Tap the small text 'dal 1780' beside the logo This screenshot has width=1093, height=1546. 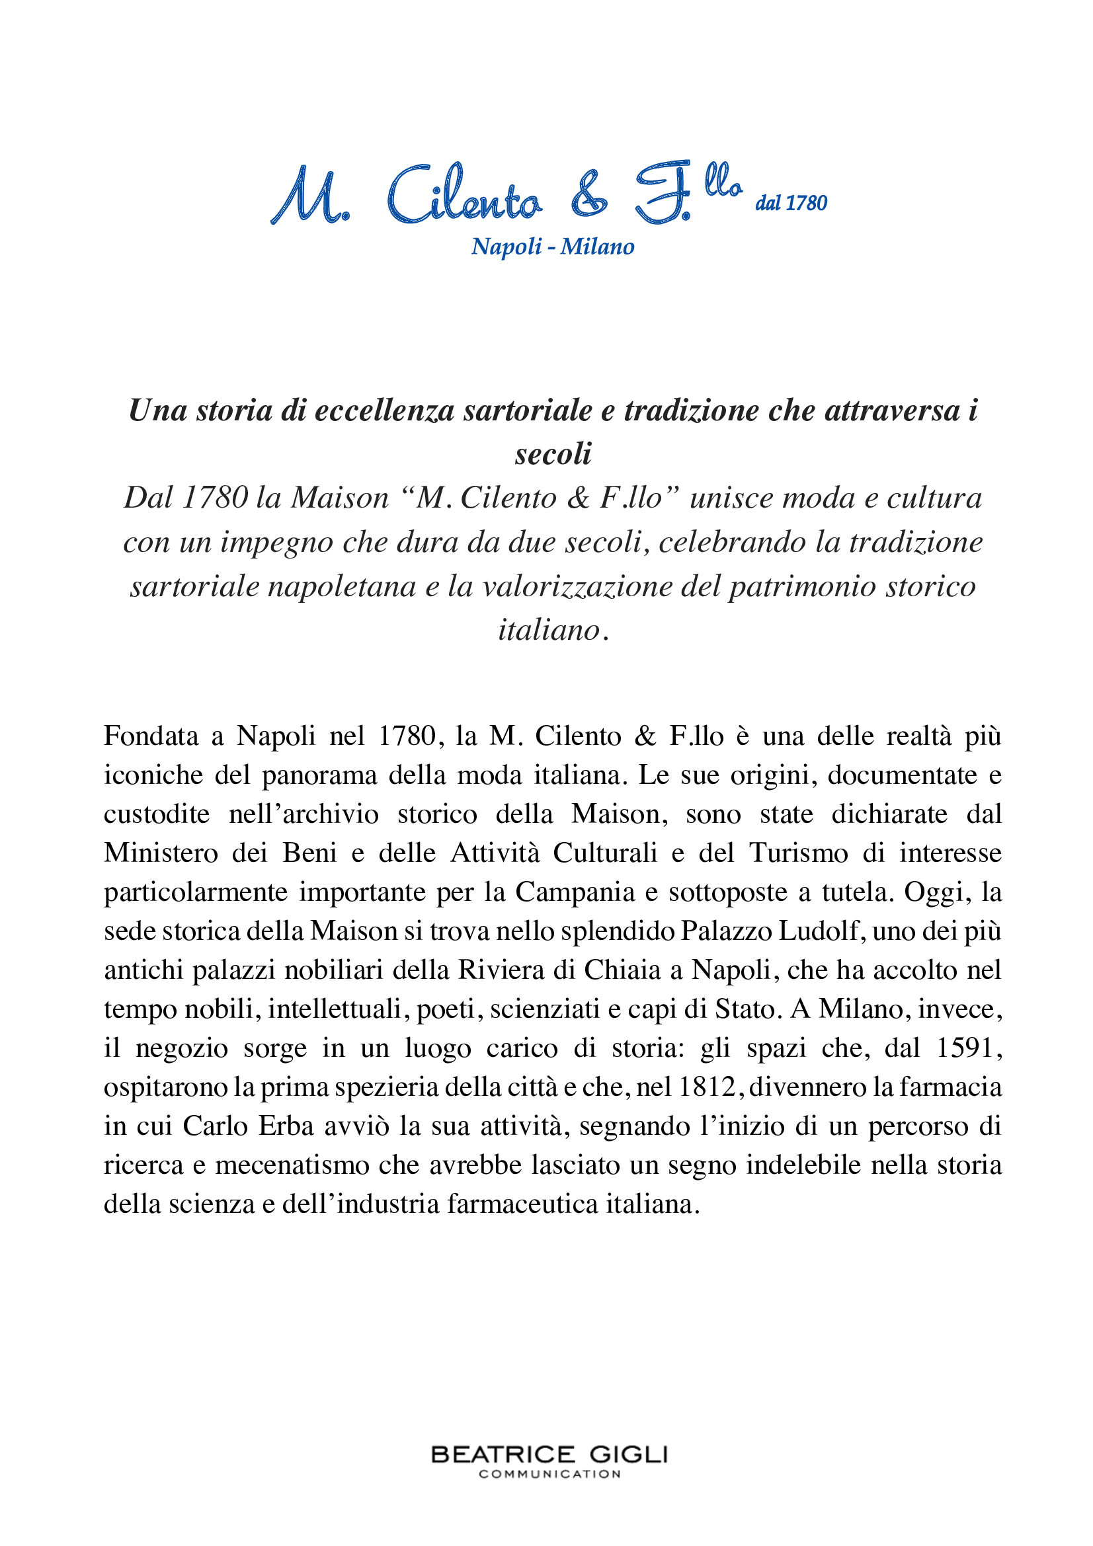click(791, 203)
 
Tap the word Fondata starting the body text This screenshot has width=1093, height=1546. click(151, 736)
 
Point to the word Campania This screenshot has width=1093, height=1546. click(575, 892)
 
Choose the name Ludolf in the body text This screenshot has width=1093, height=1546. click(819, 931)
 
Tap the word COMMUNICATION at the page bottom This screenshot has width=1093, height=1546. click(549, 1474)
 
